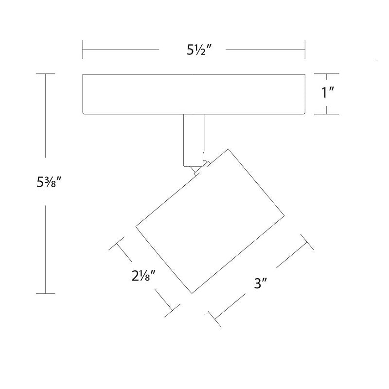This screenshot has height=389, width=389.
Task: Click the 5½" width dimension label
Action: point(199,51)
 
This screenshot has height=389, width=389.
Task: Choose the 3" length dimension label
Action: point(260,283)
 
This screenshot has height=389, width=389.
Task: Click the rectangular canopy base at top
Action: point(194,94)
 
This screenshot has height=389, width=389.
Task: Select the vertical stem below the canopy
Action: point(194,140)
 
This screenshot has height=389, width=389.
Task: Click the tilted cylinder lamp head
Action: point(210,221)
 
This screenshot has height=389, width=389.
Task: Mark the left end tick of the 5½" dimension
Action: point(83,50)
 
